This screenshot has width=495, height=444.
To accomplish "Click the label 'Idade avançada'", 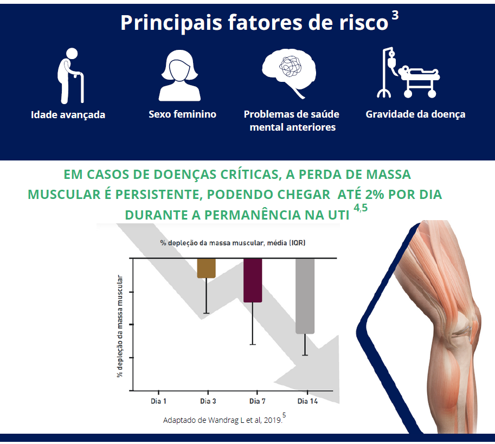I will [x=68, y=115].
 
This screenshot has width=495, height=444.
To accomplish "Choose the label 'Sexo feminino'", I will [x=182, y=114].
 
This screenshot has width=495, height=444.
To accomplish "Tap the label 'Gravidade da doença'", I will [x=415, y=114].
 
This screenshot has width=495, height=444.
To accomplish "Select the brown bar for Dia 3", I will [x=206, y=268].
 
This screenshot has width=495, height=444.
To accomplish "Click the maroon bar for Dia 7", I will [x=253, y=280].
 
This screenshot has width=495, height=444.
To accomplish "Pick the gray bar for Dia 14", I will [x=305, y=295].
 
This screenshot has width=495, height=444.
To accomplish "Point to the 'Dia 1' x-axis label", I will [x=158, y=402].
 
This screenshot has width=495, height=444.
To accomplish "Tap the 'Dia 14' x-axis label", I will [x=307, y=402].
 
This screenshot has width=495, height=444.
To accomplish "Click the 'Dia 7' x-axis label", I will [x=256, y=402].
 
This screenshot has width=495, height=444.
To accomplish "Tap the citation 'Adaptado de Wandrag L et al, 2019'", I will [x=222, y=420].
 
